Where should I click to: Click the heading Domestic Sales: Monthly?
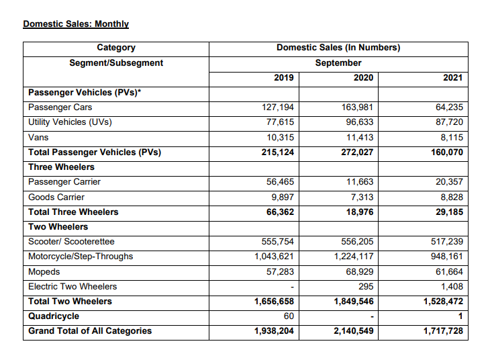coord(76,24)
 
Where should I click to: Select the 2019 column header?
coord(284,78)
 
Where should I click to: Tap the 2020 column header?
coord(363,78)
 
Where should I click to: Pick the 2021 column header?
coord(453,78)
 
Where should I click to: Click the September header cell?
coord(338,63)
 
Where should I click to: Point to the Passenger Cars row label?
coord(60,107)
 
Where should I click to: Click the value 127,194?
coord(278,107)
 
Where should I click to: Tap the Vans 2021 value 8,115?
coord(450,137)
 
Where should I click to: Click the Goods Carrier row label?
coord(56,197)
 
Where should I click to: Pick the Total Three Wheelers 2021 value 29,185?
coord(446,212)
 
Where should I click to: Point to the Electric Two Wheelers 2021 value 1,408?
coord(452,286)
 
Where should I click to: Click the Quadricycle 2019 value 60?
coord(288,316)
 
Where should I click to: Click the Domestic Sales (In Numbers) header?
coord(338,48)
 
